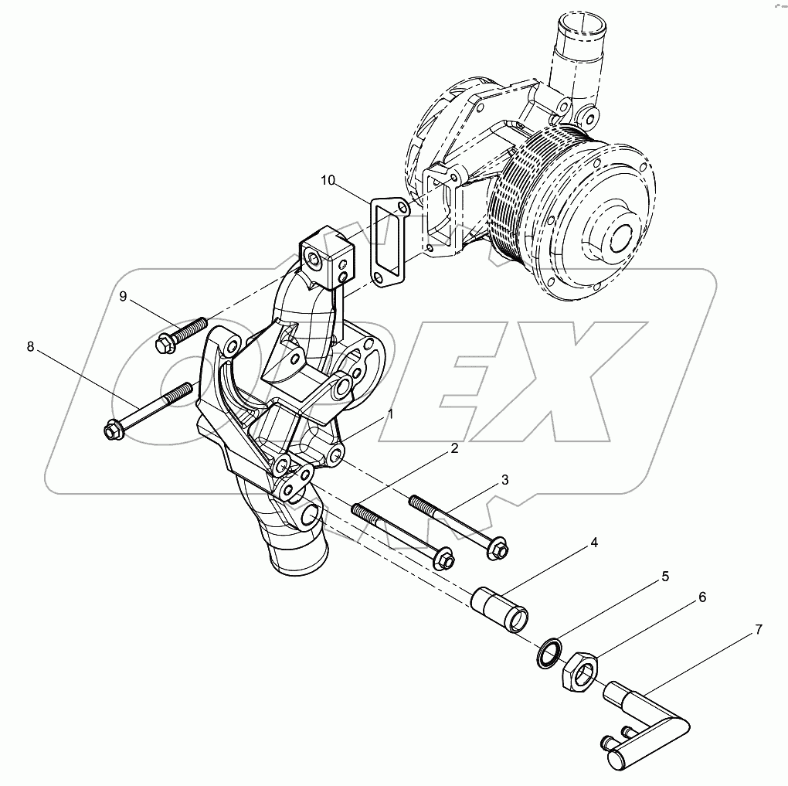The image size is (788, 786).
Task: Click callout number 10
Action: [x=328, y=181]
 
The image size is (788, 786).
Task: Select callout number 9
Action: [x=122, y=296]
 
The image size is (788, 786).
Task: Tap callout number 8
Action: [x=31, y=347]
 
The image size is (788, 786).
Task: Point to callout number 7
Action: [x=758, y=630]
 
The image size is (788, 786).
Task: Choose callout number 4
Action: [x=594, y=543]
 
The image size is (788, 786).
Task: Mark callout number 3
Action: [x=504, y=480]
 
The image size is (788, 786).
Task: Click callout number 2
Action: [x=454, y=448]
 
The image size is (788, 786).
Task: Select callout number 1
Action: [x=391, y=414]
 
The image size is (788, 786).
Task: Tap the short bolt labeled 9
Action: [x=182, y=333]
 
